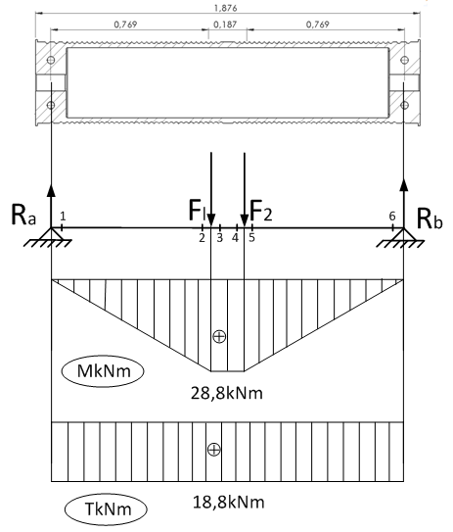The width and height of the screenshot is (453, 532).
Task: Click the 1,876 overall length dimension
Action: coord(225,8)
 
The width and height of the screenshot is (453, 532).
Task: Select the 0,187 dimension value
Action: coord(225,24)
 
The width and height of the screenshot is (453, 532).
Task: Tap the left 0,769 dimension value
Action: coord(125,24)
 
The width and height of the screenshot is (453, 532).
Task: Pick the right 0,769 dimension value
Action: coord(317,24)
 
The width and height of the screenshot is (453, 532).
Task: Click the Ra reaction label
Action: coord(23,215)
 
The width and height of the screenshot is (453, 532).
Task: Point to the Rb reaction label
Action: coord(430,218)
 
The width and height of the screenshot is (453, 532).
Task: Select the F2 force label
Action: coord(261,211)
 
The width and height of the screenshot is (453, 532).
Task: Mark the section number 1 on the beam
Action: coord(63,216)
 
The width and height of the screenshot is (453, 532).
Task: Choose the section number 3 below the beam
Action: coord(219,238)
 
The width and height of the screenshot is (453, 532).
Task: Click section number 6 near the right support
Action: coord(392,216)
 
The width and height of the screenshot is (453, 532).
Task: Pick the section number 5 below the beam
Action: coord(251,237)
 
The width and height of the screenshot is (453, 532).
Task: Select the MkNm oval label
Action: coord(103,371)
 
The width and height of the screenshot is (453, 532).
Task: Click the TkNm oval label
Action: coord(106,508)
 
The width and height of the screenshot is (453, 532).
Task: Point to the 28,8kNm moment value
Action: coord(227,393)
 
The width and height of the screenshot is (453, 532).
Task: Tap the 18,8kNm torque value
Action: coord(229,502)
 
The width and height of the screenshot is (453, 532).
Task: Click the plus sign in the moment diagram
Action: coord(219,336)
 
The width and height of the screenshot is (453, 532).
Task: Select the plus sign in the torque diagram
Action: coord(214,450)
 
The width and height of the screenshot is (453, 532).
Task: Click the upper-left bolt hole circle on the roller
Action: coord(51,60)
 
